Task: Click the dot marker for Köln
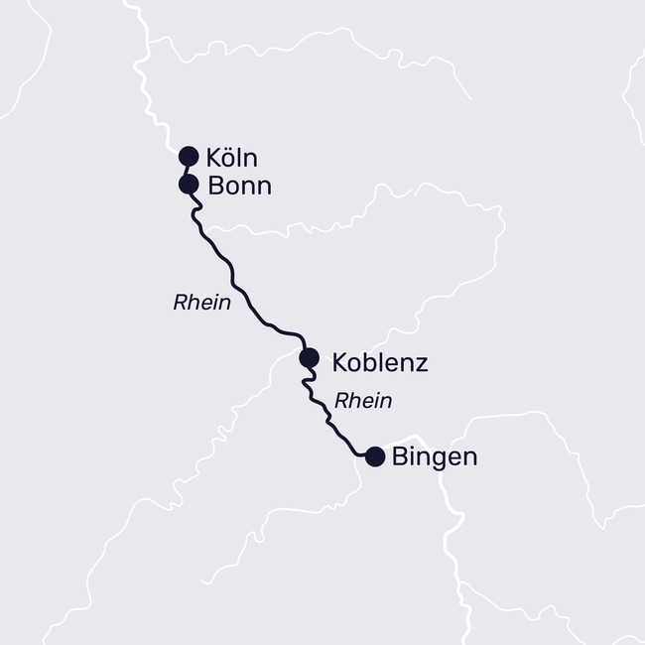click(x=189, y=156)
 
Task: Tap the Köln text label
click(x=232, y=157)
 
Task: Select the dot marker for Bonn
click(x=188, y=184)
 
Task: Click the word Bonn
click(x=238, y=186)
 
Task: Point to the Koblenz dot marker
click(x=309, y=357)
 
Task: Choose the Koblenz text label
click(x=380, y=362)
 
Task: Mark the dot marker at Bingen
click(x=375, y=456)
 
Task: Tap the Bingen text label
click(x=435, y=457)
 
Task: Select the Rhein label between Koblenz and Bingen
click(x=363, y=401)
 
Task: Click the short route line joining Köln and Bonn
click(x=188, y=170)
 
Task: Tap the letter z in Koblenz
click(x=421, y=364)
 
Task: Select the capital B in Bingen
click(x=401, y=457)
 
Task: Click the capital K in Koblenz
click(x=340, y=362)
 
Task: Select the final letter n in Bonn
click(x=263, y=188)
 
